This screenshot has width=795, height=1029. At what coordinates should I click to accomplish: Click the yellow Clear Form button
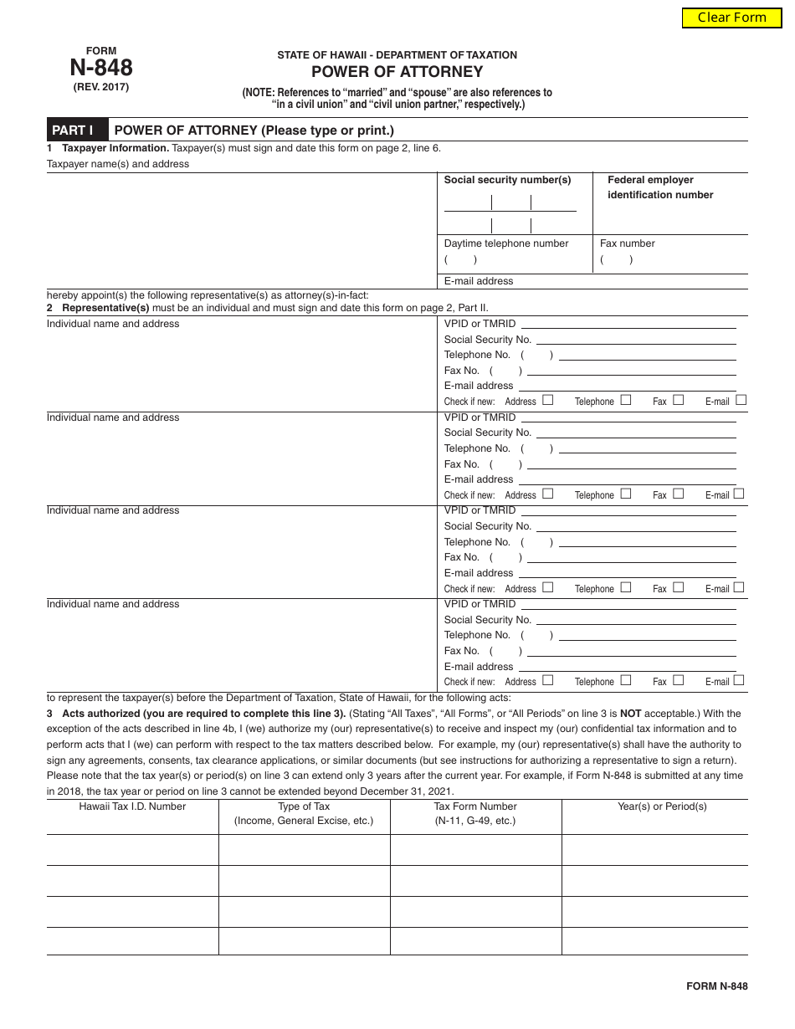(731, 18)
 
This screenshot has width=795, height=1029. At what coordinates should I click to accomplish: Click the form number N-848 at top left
(100, 68)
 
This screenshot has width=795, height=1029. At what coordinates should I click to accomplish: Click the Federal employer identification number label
(660, 187)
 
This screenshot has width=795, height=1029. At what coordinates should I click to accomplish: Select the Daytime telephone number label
(505, 243)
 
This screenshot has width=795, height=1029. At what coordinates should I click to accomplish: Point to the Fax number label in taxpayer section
(627, 243)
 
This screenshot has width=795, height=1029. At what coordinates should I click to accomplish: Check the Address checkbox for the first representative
(547, 400)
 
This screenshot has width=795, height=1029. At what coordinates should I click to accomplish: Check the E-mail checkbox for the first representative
(740, 400)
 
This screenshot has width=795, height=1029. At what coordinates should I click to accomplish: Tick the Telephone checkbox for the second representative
(626, 494)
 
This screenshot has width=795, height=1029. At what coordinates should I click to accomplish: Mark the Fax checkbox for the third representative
(678, 587)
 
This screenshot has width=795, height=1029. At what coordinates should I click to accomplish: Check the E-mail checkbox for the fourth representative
(740, 680)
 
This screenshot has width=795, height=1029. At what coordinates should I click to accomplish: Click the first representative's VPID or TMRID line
(628, 324)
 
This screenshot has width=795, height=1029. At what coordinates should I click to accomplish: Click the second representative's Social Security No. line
(636, 433)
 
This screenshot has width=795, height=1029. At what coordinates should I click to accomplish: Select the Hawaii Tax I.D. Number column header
(132, 806)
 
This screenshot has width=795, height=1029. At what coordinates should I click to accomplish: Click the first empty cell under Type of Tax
(304, 849)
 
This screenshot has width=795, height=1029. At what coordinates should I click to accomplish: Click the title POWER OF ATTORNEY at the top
(397, 72)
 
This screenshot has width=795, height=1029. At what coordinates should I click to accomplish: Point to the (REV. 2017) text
(100, 87)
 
